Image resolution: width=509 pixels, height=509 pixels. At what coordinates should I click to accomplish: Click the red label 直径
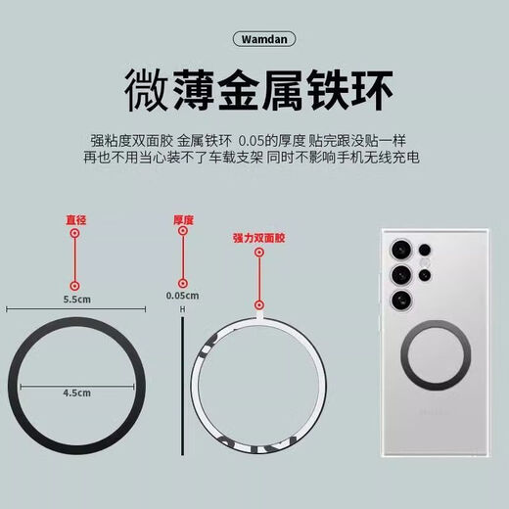click(x=74, y=220)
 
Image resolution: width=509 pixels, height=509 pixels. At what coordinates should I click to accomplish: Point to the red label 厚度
click(x=181, y=220)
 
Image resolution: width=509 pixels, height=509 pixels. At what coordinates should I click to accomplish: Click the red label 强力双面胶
click(x=259, y=237)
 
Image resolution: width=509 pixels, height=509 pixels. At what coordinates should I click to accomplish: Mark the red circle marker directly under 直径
click(x=74, y=235)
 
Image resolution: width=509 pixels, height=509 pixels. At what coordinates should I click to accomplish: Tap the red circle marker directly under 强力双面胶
click(x=259, y=253)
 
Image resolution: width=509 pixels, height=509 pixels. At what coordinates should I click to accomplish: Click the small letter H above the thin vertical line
click(x=181, y=309)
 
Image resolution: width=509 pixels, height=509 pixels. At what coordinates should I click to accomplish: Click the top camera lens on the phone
click(x=400, y=247)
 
